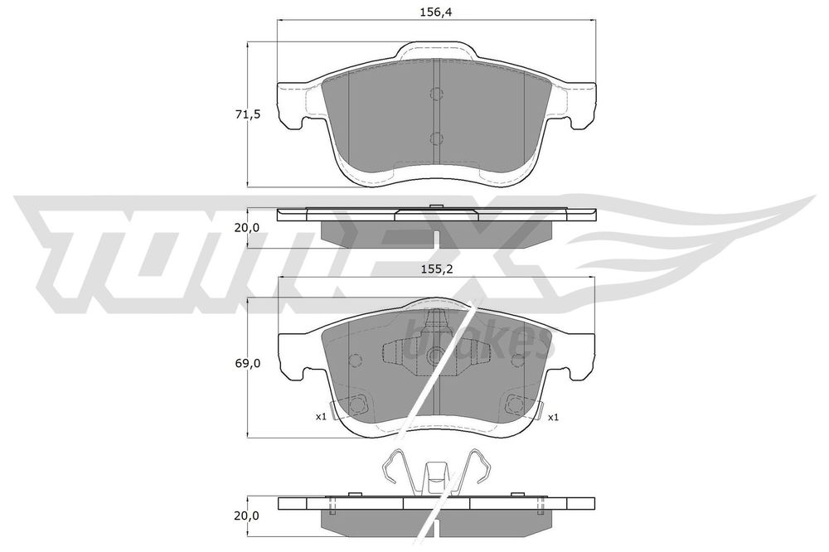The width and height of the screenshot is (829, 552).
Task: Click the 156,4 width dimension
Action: coord(435,12)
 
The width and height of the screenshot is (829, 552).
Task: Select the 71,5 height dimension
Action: coord(248,114)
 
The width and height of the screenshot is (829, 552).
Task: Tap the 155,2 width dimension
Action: coord(435,269)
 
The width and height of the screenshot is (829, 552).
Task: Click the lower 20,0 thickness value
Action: coord(248,515)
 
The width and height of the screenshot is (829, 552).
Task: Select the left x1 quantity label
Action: coord(320,417)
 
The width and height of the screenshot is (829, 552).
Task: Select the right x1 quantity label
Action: coord(553,417)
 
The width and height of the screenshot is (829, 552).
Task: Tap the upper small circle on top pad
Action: coord(436,93)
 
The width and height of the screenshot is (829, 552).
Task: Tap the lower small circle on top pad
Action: coord(436,138)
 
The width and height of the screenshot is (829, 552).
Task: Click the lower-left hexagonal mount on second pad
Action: coord(359,404)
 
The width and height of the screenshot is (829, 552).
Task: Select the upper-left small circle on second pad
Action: coord(355,361)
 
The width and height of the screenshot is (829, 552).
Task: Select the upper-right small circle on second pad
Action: coord(517,361)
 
